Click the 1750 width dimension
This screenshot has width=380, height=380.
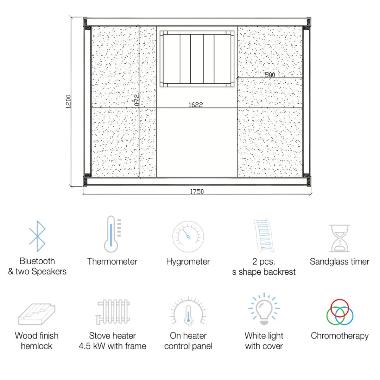(x=197, y=192)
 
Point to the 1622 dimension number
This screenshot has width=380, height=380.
(x=196, y=105)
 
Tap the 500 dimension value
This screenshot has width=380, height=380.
(x=270, y=75)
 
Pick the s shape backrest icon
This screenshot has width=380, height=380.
(x=264, y=236)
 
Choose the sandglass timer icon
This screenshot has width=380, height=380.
(x=340, y=238)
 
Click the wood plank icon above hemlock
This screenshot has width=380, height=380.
(x=37, y=314)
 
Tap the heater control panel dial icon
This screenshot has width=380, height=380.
(x=188, y=311)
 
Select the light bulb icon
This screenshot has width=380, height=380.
(x=264, y=310)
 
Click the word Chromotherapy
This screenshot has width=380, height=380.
(x=340, y=336)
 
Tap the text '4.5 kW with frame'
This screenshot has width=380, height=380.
(x=112, y=346)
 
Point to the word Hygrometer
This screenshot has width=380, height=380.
(x=188, y=262)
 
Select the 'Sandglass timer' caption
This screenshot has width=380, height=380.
(x=340, y=262)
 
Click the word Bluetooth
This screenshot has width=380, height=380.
(x=37, y=261)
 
